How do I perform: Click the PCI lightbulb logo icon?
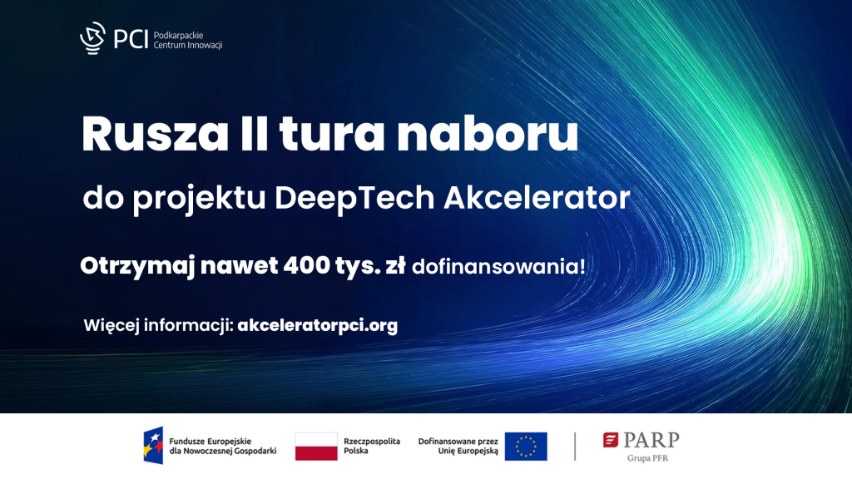[x=93, y=38]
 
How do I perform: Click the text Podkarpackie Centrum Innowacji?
[x=188, y=40]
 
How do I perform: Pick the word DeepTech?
[x=354, y=199]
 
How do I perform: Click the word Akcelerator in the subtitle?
[x=537, y=197]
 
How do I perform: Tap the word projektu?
[x=199, y=200]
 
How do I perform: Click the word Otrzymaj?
[x=137, y=267]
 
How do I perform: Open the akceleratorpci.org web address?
[x=317, y=325]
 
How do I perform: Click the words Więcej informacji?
[x=159, y=326]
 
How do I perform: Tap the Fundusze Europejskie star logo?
[x=153, y=446]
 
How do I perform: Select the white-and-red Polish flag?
[x=316, y=447]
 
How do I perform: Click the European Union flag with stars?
[x=526, y=447]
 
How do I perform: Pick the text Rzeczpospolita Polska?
[x=372, y=446]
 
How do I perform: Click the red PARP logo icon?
[x=611, y=440]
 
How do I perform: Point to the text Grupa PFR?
[x=647, y=458]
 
